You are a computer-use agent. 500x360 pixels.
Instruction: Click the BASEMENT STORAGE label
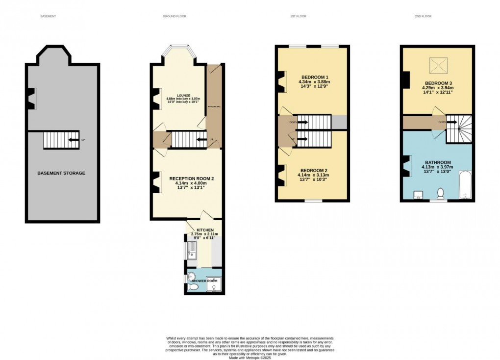[61, 173]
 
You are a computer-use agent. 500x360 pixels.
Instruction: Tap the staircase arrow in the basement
[72, 140]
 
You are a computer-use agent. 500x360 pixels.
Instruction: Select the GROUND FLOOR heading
[175, 17]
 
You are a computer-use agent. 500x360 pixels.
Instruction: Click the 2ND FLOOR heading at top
[423, 17]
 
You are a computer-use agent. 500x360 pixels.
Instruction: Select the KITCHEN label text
[205, 230]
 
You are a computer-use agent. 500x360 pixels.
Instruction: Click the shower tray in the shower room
[213, 284]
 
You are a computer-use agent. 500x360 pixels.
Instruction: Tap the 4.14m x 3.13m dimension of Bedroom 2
[312, 175]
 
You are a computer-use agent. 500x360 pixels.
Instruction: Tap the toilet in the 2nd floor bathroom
[440, 194]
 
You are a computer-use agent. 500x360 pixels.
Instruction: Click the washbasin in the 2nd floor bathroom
[419, 195]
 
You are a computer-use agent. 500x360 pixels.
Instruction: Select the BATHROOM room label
[437, 162]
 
